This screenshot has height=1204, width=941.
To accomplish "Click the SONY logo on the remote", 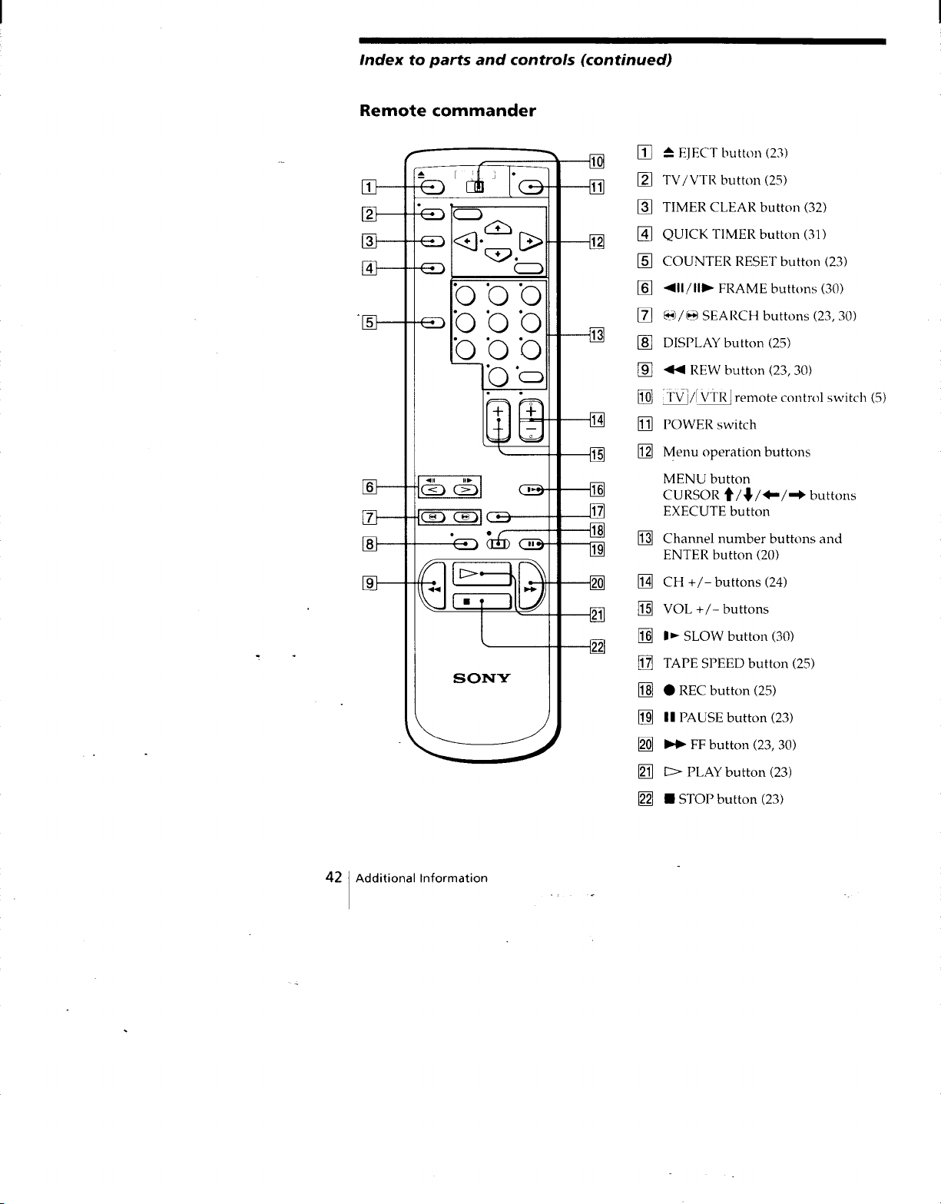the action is click(x=482, y=678).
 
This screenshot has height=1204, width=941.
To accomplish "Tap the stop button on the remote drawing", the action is click(x=482, y=601).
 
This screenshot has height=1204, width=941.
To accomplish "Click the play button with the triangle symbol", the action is click(x=482, y=573).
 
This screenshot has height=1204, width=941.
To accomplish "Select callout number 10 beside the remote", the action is click(x=597, y=162).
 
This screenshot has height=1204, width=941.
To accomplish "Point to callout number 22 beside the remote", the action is click(x=597, y=647).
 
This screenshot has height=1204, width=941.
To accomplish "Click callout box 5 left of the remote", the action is click(x=369, y=322).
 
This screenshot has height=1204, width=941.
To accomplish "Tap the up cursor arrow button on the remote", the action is click(x=498, y=227).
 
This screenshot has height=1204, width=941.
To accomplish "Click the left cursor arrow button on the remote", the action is click(x=466, y=241).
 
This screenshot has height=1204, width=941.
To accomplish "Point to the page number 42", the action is click(x=333, y=877).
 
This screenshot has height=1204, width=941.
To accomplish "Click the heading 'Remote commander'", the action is click(x=448, y=111).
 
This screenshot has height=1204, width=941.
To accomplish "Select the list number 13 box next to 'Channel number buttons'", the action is click(x=645, y=538).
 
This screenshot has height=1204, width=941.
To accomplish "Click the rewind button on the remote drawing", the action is click(x=433, y=585).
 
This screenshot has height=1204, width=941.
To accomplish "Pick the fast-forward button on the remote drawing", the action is click(x=531, y=585).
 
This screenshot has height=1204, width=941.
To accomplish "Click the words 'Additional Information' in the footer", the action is click(x=422, y=878).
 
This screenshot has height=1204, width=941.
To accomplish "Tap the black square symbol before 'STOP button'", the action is click(x=669, y=799).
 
